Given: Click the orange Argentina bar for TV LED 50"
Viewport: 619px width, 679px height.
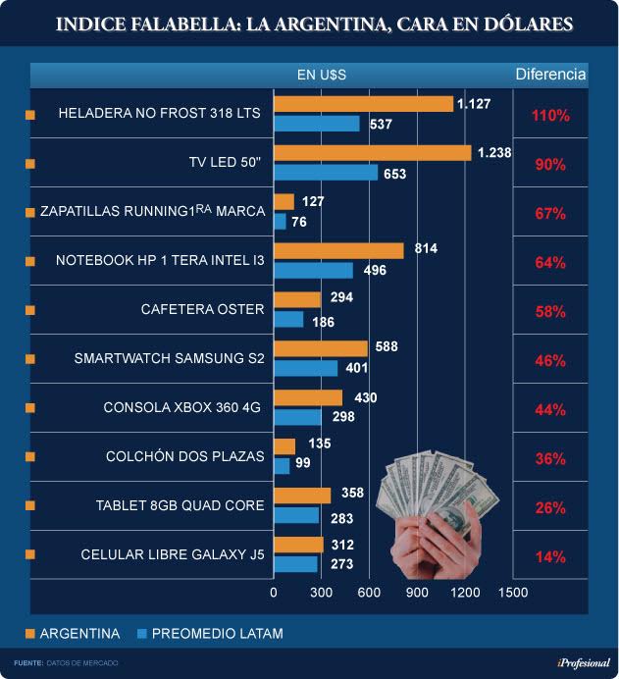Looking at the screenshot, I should [x=373, y=153].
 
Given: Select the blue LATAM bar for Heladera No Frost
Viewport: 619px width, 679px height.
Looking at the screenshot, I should [x=317, y=124].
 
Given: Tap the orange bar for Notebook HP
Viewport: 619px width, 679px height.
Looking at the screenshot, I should [x=338, y=251].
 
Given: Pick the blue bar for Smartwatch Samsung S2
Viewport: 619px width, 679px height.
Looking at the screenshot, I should [x=305, y=369].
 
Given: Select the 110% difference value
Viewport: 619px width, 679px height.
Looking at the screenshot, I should [x=550, y=116].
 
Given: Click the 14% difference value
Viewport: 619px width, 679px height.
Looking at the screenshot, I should [x=550, y=557].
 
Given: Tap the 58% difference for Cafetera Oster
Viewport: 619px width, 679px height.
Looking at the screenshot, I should [x=550, y=312].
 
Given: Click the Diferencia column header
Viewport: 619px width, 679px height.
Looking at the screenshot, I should [x=550, y=75].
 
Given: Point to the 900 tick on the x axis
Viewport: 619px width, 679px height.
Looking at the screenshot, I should [x=417, y=593].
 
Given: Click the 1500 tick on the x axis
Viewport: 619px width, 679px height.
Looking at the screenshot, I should [x=512, y=593].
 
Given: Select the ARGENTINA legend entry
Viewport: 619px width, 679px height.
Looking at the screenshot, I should [x=79, y=634].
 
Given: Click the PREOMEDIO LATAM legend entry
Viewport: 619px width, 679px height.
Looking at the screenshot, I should [x=217, y=634].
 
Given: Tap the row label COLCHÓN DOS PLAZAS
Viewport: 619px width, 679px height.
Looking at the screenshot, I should [x=184, y=456].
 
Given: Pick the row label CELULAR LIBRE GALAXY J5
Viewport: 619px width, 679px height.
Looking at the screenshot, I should [x=173, y=555].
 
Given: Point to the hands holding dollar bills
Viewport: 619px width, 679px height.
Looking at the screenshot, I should [x=432, y=520].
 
